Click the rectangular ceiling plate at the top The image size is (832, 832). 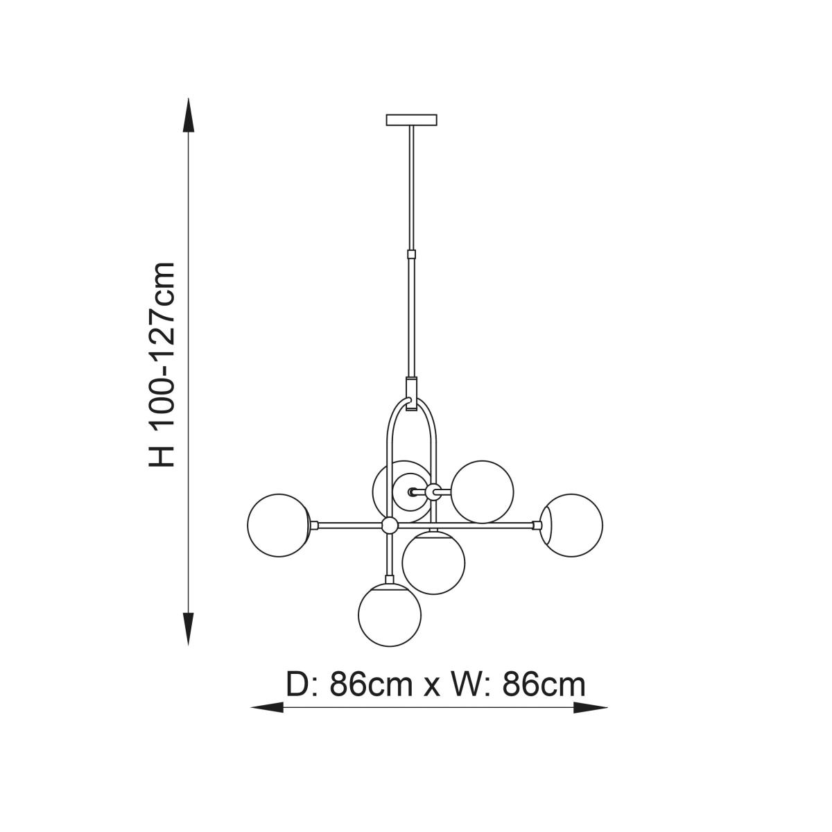pos(411,119)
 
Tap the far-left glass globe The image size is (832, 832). pos(279,525)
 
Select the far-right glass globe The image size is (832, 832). pos(571,525)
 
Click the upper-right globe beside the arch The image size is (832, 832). pos(483,492)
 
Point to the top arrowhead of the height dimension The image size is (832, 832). pos(189,115)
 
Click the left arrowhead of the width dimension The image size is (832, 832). pos(267,708)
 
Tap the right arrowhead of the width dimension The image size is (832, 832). pos(590,708)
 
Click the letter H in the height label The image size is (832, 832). pos(162,456)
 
